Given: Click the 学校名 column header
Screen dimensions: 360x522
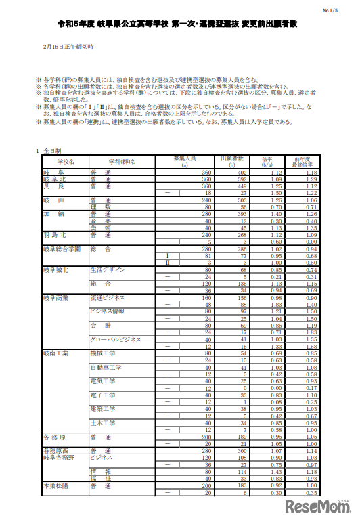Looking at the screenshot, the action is [x=66, y=162].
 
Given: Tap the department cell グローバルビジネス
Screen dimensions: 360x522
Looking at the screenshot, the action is [x=116, y=339].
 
